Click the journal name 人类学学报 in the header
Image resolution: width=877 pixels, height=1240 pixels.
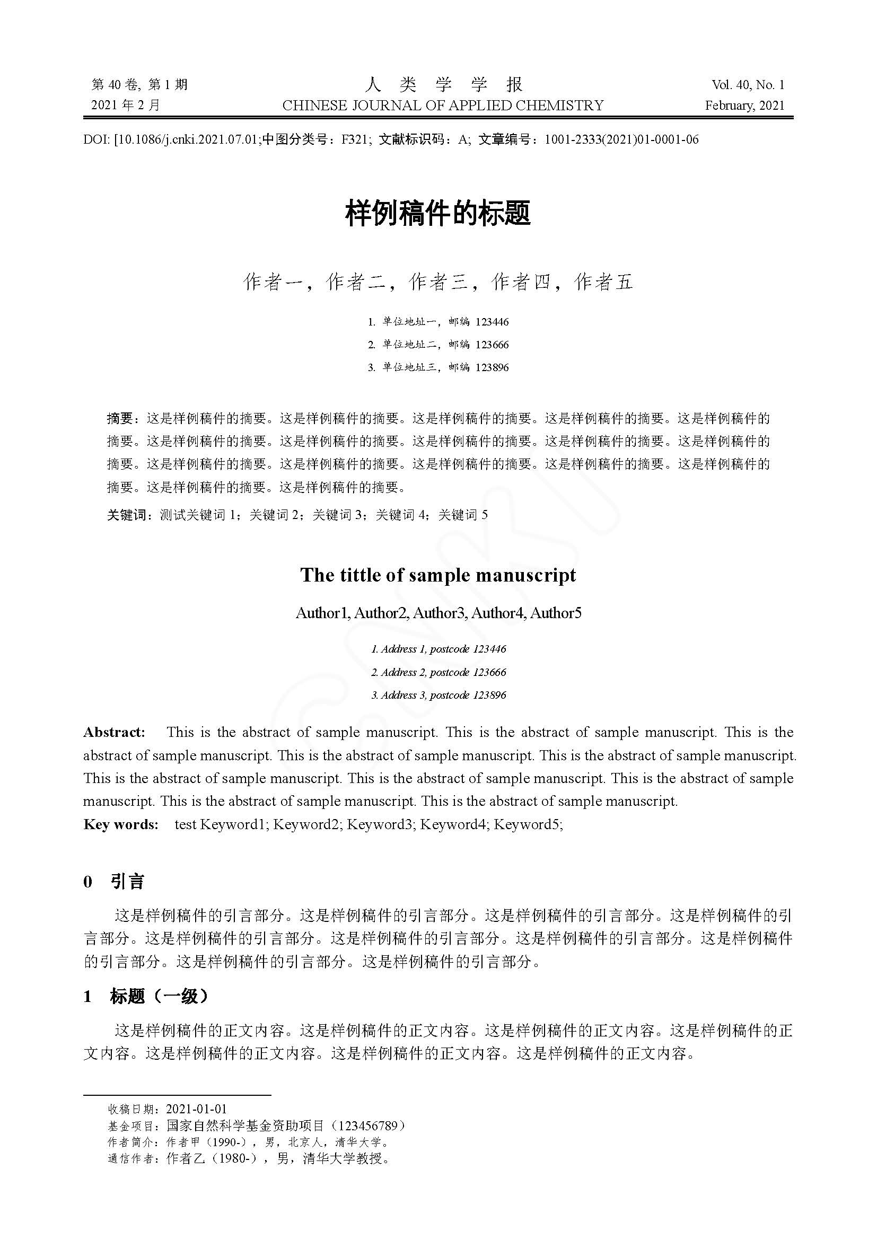tap(444, 84)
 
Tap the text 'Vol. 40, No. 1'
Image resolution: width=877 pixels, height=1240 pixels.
tap(748, 85)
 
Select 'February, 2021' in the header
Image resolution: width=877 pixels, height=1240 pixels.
tap(744, 105)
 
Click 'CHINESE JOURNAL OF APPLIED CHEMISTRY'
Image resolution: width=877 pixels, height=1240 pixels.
tap(443, 105)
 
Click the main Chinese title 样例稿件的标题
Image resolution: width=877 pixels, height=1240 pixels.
tap(438, 213)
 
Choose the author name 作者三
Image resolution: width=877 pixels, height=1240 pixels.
tap(438, 282)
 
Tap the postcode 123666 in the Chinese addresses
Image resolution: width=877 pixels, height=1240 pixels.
tap(492, 345)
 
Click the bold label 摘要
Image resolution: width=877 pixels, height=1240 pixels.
tap(119, 419)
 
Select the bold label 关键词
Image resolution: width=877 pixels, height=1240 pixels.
tap(126, 515)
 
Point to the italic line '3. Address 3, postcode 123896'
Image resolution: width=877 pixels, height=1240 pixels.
tap(438, 695)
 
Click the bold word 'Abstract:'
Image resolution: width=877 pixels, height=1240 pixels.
tap(115, 732)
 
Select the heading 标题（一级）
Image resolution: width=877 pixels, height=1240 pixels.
tap(159, 997)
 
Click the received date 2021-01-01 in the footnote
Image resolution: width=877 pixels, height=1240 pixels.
tap(197, 1109)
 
